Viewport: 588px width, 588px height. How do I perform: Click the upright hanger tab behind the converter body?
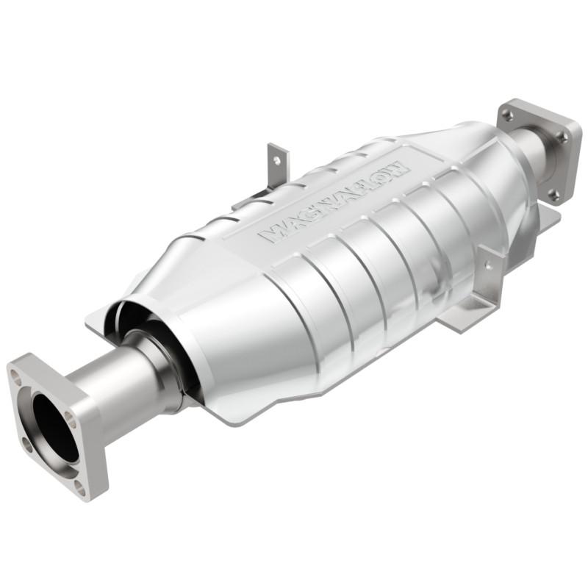click(x=277, y=165)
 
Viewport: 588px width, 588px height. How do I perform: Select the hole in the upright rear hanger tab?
click(x=278, y=158)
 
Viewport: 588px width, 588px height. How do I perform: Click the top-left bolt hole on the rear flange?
click(x=508, y=115)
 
